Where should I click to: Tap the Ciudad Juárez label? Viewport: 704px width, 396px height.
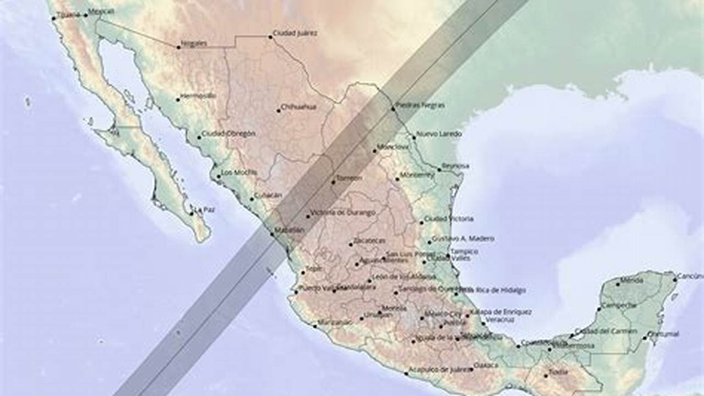pos(295,33)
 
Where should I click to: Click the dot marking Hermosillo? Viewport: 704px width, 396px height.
pos(178,100)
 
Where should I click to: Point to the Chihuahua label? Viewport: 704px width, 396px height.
pos(298,107)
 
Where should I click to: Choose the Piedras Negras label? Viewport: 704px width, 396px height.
pos(421,105)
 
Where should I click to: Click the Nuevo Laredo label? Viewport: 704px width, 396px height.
pos(439,134)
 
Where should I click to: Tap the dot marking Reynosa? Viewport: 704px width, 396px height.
pos(439,169)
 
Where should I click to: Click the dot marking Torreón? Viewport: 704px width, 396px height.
pos(332,182)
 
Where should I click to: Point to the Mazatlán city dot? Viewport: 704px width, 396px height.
pos(272,235)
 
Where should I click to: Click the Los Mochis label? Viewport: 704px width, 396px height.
pos(239,172)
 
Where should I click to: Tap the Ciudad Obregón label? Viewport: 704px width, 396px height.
pos(228,134)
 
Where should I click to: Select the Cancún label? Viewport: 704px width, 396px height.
pos(690,276)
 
